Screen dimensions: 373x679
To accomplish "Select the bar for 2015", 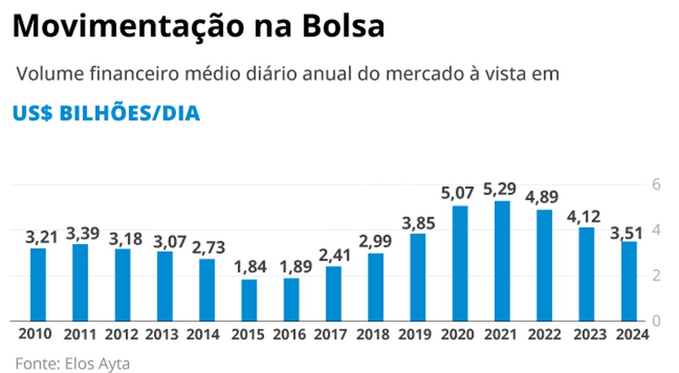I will pyautogui.click(x=249, y=300).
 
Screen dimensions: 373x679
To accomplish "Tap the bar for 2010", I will pyautogui.click(x=39, y=284).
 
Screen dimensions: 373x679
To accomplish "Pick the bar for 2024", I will pyautogui.click(x=629, y=281).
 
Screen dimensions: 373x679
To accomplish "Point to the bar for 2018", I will pyautogui.click(x=375, y=287).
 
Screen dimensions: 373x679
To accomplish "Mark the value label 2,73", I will pyautogui.click(x=207, y=247).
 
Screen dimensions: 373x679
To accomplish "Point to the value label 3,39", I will pyautogui.click(x=81, y=232).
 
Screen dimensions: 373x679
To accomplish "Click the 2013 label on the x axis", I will pyautogui.click(x=164, y=335).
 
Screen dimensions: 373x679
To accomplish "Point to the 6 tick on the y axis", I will pyautogui.click(x=658, y=185).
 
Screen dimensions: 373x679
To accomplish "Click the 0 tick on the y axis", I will pyautogui.click(x=658, y=321).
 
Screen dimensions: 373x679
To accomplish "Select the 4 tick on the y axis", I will pyautogui.click(x=658, y=230).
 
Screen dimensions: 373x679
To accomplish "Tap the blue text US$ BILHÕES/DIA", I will pyautogui.click(x=106, y=113).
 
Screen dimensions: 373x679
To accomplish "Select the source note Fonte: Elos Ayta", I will pyautogui.click(x=62, y=362).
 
